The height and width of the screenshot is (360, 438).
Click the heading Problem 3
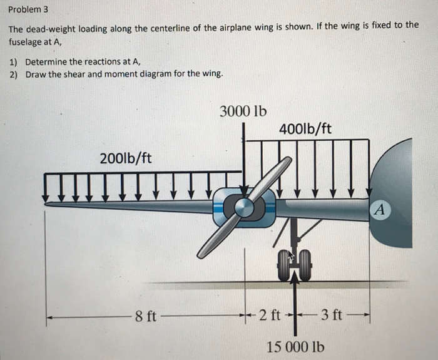tap(28, 11)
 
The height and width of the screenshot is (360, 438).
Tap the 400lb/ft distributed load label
tap(305, 129)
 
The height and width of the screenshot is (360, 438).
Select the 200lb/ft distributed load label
tap(125, 157)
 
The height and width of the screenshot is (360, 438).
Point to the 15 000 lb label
tap(295, 346)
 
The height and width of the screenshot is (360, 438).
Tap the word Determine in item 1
tap(46, 61)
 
